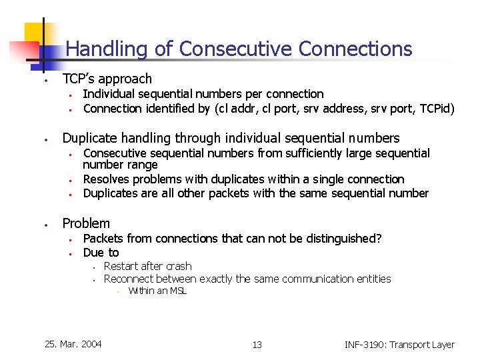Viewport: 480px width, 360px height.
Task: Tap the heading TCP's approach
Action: pyautogui.click(x=107, y=79)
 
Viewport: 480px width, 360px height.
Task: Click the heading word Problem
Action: pyautogui.click(x=86, y=223)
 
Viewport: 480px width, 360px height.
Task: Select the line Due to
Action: pyautogui.click(x=101, y=252)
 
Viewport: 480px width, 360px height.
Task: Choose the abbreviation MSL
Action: pyautogui.click(x=177, y=291)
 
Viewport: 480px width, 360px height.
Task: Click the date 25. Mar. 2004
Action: pyautogui.click(x=73, y=344)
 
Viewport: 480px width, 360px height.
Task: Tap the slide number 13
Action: pyautogui.click(x=257, y=345)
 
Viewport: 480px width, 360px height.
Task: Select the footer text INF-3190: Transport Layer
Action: pyautogui.click(x=399, y=345)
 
